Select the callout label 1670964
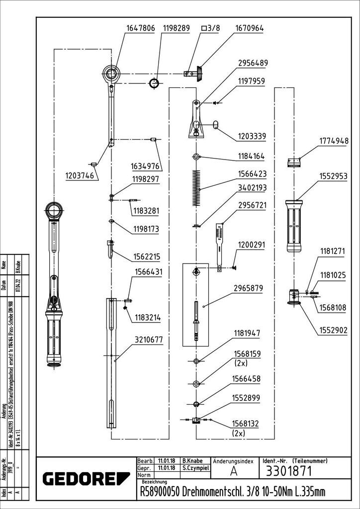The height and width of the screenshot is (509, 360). (x=250, y=29)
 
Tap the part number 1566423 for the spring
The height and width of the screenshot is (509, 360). (x=252, y=174)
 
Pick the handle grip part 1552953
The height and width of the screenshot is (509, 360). (x=294, y=227)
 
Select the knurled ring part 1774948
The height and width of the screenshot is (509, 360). (x=295, y=163)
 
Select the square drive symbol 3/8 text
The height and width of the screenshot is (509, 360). (x=210, y=29)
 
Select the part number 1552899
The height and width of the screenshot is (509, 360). (x=252, y=399)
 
